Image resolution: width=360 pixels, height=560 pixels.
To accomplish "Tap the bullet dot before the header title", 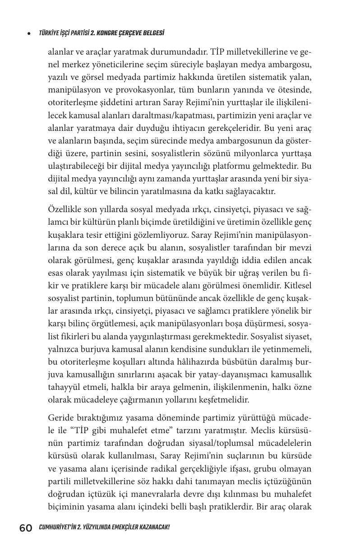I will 29,33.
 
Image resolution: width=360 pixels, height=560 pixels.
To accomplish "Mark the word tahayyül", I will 64,387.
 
